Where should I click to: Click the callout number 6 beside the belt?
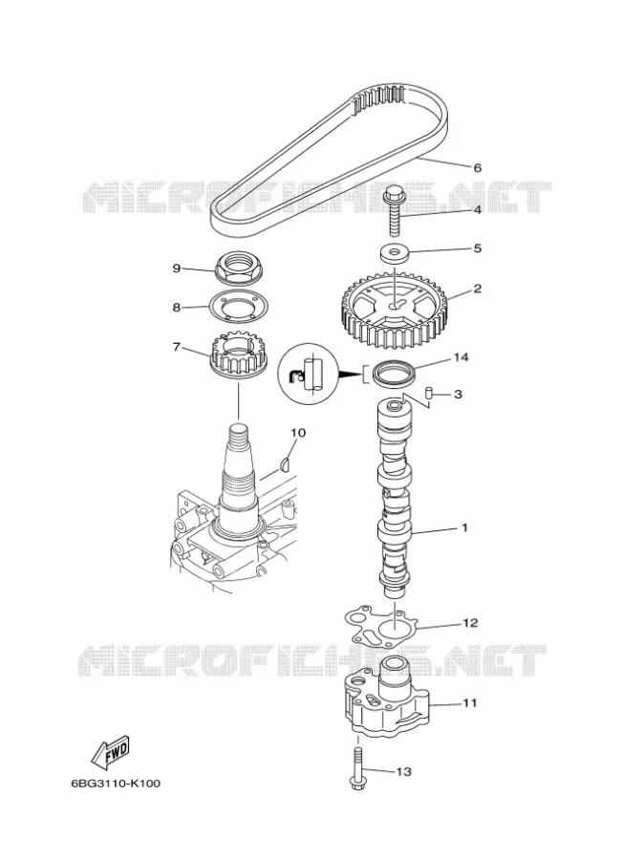[x=477, y=168]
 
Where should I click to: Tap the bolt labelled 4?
[x=394, y=210]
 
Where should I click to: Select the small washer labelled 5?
[x=394, y=253]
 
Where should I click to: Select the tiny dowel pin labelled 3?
[x=430, y=394]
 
